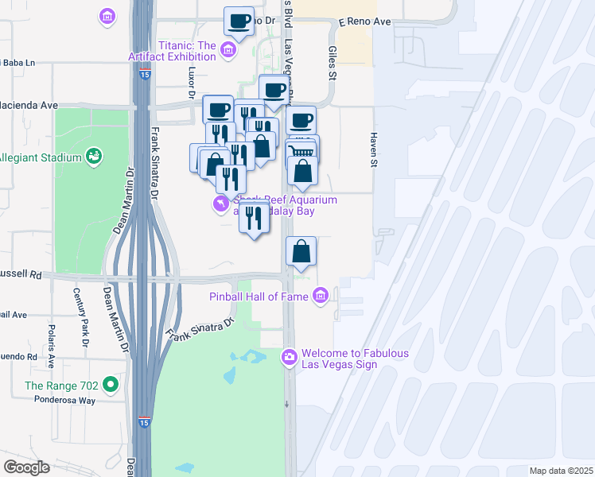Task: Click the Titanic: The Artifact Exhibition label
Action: click(172, 50)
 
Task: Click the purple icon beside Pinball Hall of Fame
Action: click(321, 297)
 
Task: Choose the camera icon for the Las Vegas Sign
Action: click(290, 359)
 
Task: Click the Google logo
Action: click(26, 467)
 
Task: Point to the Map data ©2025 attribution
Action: click(560, 471)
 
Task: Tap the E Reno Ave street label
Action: click(365, 21)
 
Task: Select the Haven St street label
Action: click(372, 149)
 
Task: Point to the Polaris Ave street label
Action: click(51, 346)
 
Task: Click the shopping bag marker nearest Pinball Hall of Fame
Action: click(302, 252)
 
